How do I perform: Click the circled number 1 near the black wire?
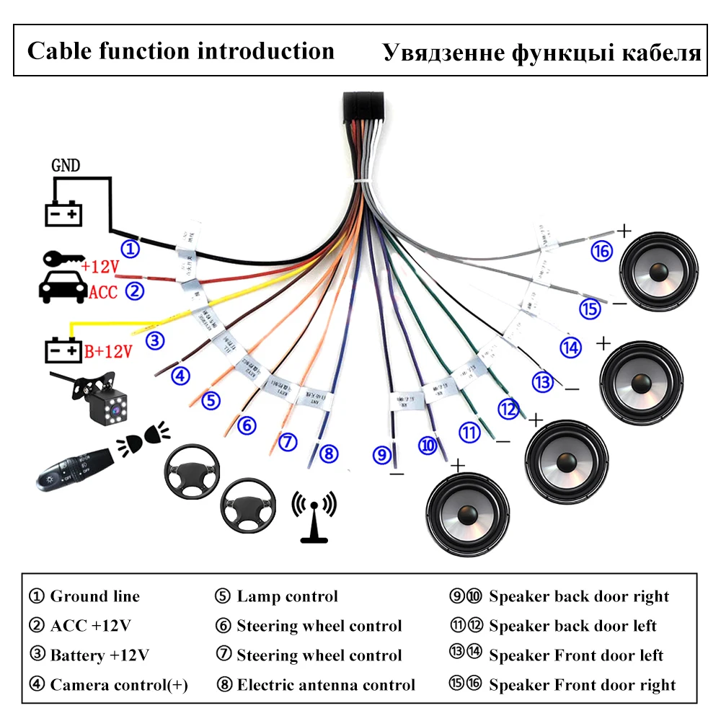click(x=130, y=249)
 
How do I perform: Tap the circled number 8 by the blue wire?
click(x=328, y=454)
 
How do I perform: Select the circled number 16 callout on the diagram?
click(x=601, y=251)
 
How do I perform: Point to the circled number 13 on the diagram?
click(x=542, y=381)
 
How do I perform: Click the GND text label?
click(x=66, y=164)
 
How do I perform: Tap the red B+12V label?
click(x=109, y=352)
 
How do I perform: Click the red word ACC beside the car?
click(x=102, y=292)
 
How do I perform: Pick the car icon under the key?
click(x=60, y=288)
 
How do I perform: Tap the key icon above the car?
click(x=61, y=260)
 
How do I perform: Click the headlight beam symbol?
click(x=148, y=437)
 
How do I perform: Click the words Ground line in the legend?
click(x=94, y=596)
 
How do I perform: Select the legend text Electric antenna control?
click(x=326, y=685)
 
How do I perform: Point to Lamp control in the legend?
click(x=287, y=596)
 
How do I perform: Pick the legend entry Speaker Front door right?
click(x=582, y=685)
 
